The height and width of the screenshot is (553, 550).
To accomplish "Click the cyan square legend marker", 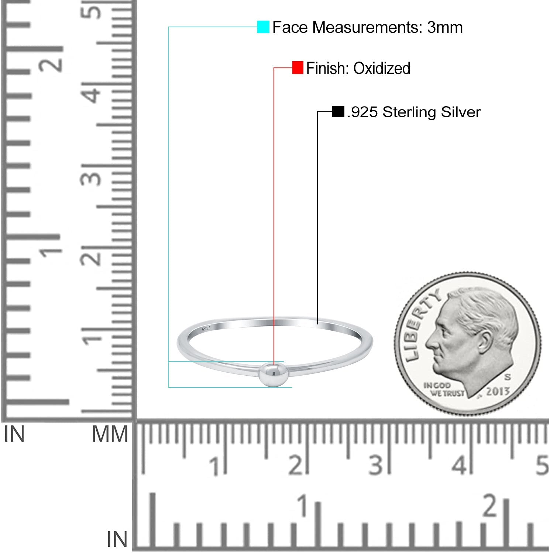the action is (263, 27).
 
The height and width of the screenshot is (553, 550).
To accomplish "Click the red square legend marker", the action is (298, 68).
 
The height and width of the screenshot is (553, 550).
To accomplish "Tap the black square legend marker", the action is (338, 112).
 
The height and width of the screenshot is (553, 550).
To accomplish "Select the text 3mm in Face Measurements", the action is (445, 27).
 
